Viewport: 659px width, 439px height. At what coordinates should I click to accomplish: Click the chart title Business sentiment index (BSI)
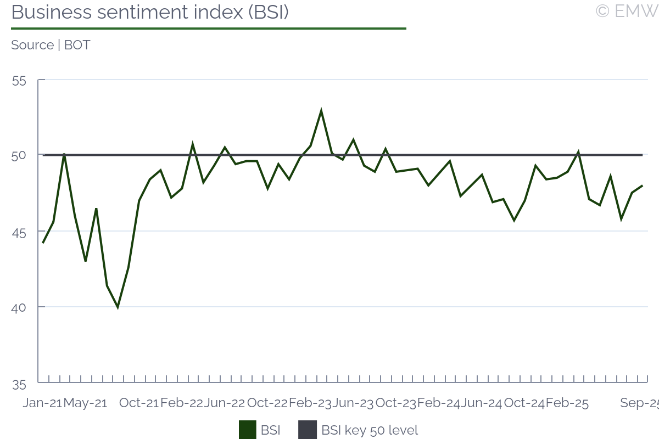tap(150, 12)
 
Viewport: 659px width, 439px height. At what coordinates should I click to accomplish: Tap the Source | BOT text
tap(51, 45)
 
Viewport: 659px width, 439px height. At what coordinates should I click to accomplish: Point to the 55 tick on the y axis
tap(19, 81)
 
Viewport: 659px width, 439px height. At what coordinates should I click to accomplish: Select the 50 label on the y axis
tap(19, 156)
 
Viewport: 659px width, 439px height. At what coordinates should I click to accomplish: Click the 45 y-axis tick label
tap(19, 232)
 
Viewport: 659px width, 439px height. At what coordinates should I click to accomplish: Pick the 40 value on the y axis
tap(19, 307)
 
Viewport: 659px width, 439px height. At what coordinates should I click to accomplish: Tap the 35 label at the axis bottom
tap(19, 384)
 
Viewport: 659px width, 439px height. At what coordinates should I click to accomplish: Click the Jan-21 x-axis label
tap(42, 403)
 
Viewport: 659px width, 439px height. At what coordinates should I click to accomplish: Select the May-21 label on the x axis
tap(85, 403)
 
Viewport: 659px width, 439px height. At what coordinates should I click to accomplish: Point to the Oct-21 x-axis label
tap(139, 403)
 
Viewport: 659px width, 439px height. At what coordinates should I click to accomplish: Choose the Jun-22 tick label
tap(225, 403)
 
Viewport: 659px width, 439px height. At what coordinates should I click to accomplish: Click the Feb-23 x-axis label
tap(310, 403)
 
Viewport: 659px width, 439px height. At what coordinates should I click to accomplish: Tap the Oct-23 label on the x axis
tap(396, 403)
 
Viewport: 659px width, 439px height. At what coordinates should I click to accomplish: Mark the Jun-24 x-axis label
tap(482, 403)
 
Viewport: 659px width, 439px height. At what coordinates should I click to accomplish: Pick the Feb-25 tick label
tap(567, 403)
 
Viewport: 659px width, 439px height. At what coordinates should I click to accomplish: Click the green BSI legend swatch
tap(248, 430)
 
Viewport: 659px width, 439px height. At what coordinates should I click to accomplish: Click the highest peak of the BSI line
tap(321, 111)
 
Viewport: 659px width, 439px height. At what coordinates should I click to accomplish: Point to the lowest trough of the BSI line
tap(118, 307)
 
